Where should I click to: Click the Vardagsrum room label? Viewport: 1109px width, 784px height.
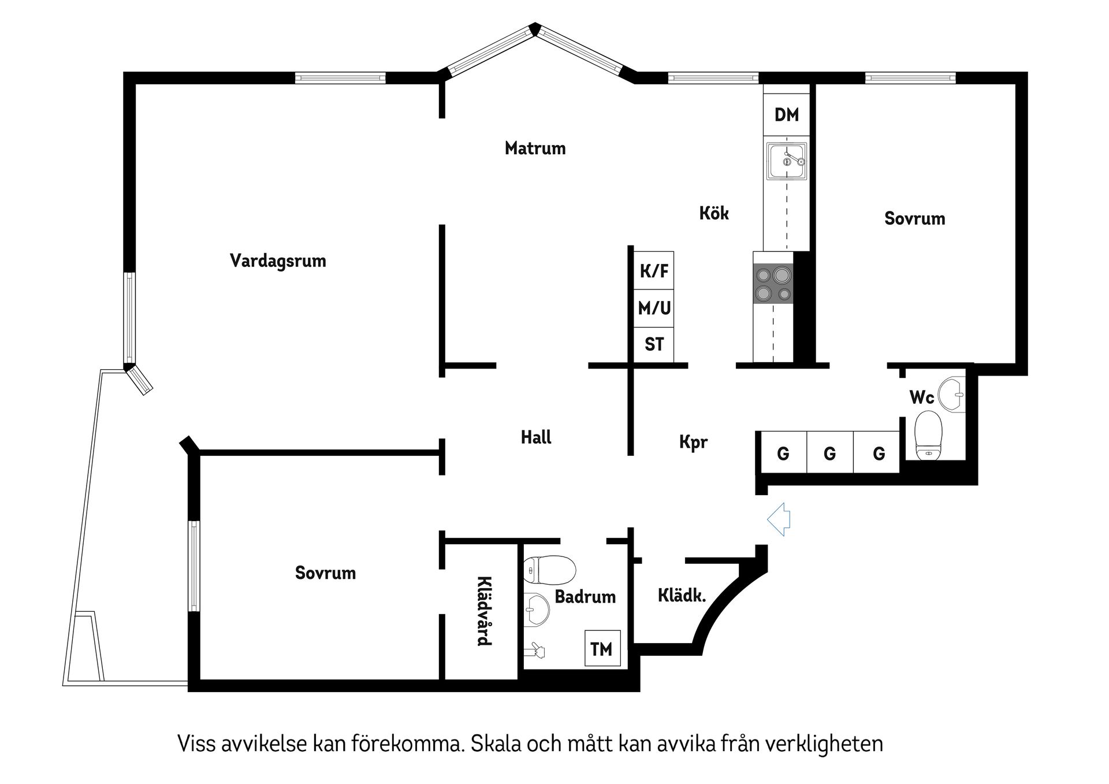[278, 261]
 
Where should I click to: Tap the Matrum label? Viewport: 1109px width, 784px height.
[535, 148]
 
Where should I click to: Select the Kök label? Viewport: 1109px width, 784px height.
[714, 213]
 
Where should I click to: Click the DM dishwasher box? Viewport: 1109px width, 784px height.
[786, 114]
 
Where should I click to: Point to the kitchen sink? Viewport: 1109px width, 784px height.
[786, 161]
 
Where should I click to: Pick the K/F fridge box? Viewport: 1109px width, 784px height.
[654, 270]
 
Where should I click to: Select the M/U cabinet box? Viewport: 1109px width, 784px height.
[654, 308]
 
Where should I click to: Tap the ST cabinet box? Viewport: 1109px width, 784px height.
[654, 345]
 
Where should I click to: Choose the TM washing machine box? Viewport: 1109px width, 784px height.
[602, 648]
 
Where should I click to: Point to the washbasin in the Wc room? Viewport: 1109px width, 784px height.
[952, 395]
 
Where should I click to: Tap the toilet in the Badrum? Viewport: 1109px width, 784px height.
[549, 571]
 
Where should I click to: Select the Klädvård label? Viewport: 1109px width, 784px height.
[484, 611]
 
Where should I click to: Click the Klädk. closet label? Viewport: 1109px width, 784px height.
[682, 596]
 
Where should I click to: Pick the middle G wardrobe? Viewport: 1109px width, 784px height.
[829, 454]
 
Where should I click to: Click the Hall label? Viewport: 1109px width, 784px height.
[536, 437]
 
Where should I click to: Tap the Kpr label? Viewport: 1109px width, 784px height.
[693, 443]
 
